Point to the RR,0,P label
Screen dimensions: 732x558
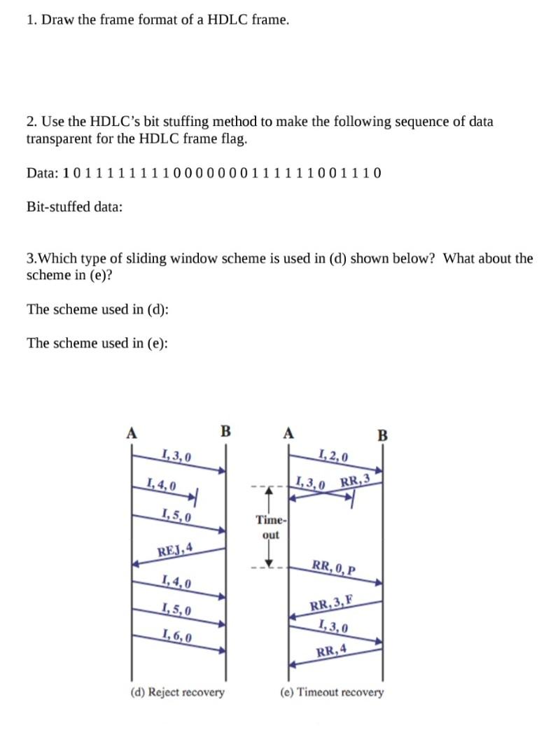click(334, 566)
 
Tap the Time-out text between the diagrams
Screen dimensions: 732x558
click(270, 527)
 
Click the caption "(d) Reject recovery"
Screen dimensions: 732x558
click(178, 692)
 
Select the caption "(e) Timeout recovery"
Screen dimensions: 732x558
click(332, 692)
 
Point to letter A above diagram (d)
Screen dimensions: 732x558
click(130, 432)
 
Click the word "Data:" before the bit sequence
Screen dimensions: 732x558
click(42, 173)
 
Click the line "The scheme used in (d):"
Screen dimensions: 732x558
click(97, 309)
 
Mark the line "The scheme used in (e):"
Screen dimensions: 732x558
click(97, 343)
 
